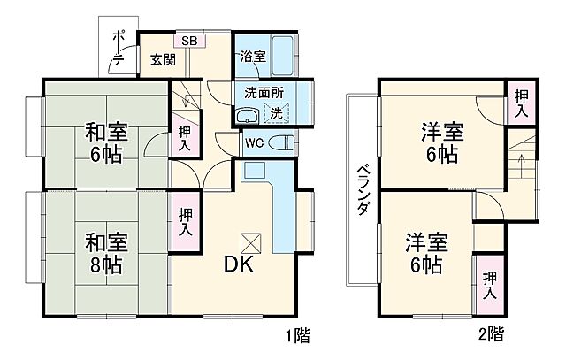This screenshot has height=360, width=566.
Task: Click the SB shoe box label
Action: click(x=189, y=41)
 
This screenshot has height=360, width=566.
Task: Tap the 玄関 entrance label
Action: click(x=162, y=60)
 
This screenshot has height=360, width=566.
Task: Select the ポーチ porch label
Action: click(x=118, y=50)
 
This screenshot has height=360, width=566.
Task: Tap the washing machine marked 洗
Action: click(x=277, y=113)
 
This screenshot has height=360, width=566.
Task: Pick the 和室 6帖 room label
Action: click(x=105, y=142)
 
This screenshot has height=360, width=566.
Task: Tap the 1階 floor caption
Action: click(x=298, y=335)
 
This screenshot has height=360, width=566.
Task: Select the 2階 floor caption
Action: click(x=492, y=335)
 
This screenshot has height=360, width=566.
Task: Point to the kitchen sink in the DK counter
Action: click(x=254, y=171)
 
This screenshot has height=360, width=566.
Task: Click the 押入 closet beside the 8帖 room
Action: click(x=185, y=220)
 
